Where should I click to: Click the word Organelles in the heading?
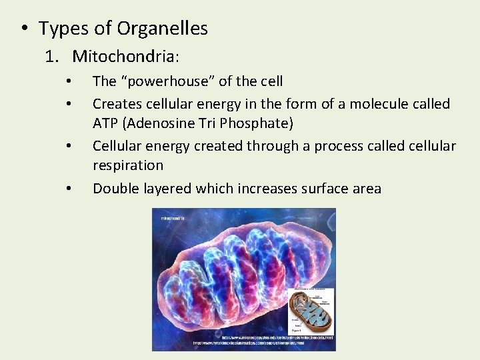162,29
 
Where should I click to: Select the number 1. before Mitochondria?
53,56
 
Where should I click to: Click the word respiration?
127,165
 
